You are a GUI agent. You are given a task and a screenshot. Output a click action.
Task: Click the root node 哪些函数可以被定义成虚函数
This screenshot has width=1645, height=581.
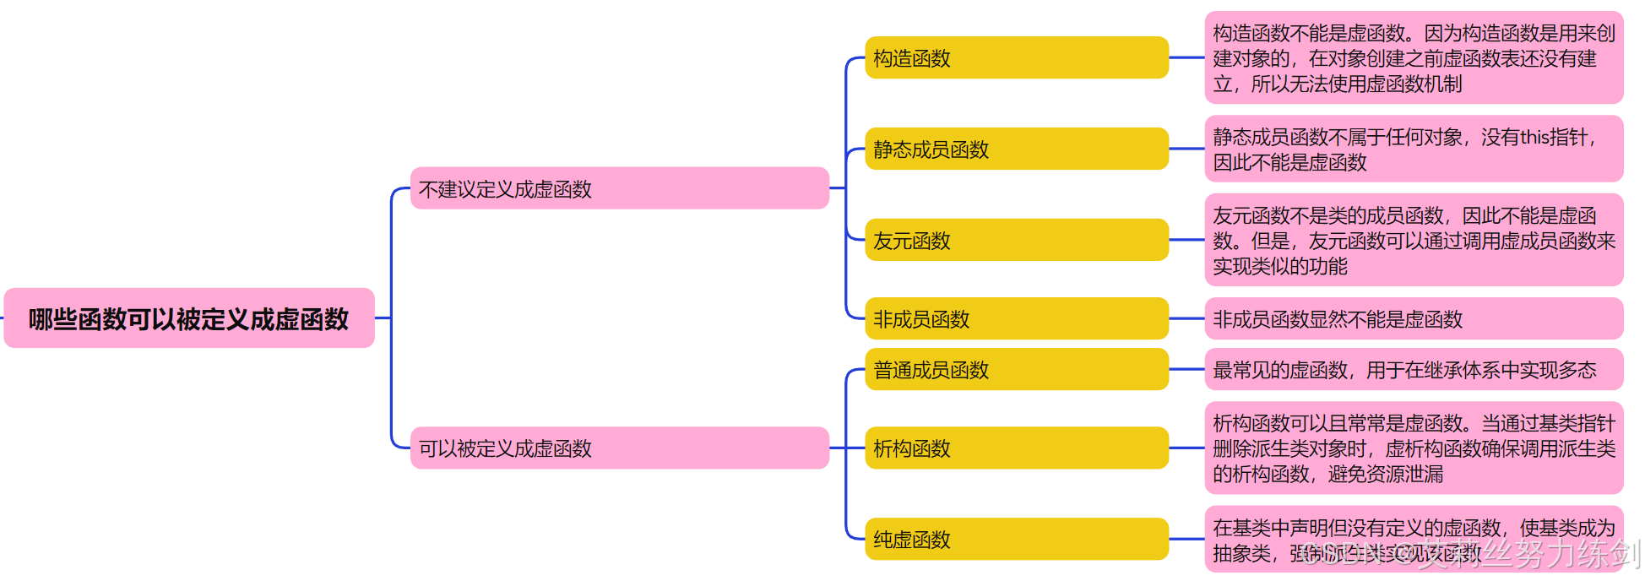(188, 318)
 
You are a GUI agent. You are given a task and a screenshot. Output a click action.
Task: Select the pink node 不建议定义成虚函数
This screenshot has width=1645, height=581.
(619, 188)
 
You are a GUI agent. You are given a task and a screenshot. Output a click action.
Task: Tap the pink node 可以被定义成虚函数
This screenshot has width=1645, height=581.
(619, 448)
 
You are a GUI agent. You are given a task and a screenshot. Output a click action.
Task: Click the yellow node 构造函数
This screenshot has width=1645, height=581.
(1016, 57)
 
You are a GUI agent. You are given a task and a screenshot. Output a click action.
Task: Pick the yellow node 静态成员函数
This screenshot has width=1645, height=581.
(1016, 149)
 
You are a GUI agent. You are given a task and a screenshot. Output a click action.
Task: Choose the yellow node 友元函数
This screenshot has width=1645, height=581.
(1016, 240)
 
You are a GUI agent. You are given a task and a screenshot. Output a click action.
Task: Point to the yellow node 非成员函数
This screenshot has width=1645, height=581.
(1016, 318)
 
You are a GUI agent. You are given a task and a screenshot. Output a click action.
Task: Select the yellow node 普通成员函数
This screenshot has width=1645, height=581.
(1016, 369)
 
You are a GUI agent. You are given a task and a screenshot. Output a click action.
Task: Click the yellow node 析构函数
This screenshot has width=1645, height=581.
(1016, 448)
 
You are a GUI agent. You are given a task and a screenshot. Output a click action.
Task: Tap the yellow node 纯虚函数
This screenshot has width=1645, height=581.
(1016, 539)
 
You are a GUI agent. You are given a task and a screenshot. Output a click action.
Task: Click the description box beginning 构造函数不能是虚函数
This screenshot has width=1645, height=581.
(1413, 57)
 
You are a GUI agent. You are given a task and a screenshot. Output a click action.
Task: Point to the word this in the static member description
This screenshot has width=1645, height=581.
(1534, 137)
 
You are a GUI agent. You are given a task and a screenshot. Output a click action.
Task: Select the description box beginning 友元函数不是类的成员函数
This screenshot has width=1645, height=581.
(1413, 240)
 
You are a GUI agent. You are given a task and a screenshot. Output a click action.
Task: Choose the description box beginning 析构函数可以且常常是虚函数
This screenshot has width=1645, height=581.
(1413, 448)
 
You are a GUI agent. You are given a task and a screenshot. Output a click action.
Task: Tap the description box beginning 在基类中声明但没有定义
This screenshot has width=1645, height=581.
(1413, 539)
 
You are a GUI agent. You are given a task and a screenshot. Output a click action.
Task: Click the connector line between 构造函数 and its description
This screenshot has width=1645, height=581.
(1186, 57)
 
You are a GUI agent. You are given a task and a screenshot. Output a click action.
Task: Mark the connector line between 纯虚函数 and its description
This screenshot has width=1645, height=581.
(1186, 539)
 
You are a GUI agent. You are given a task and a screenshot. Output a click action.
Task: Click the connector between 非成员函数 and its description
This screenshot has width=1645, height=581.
(1186, 318)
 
